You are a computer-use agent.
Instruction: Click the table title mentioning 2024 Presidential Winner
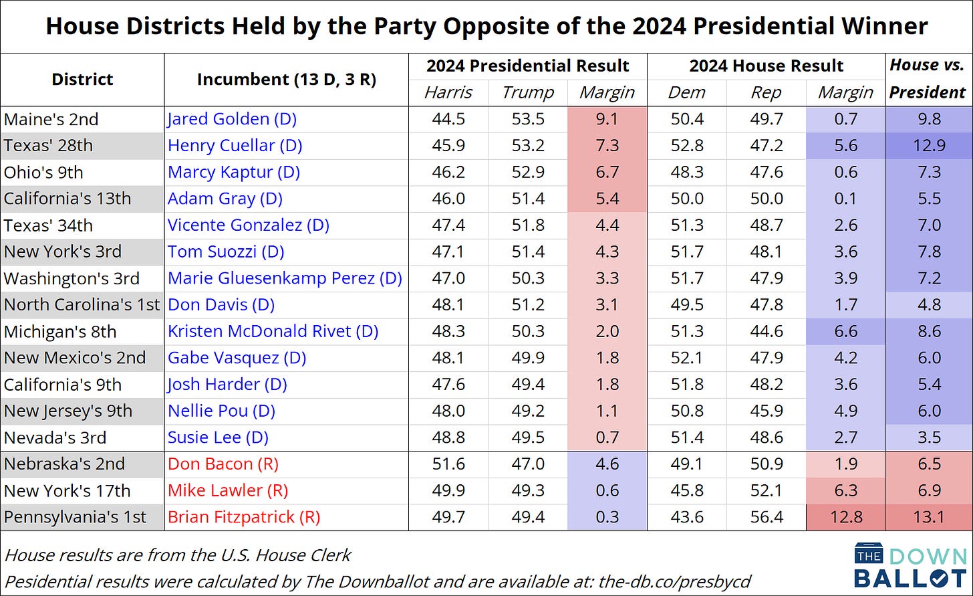pos(486,26)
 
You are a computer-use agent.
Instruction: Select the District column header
pos(82,79)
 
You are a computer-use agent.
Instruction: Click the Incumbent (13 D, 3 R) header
pos(286,79)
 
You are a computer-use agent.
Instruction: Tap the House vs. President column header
pos(928,79)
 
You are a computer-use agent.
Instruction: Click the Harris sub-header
pos(448,92)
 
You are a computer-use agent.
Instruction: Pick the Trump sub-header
pos(527,92)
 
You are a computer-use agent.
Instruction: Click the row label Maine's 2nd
pos(51,119)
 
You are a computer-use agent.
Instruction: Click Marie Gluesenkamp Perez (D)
pos(285,278)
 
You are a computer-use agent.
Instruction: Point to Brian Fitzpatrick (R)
pos(244,516)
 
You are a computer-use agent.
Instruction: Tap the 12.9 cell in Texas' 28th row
pos(928,146)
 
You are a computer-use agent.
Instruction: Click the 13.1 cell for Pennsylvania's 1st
pos(928,516)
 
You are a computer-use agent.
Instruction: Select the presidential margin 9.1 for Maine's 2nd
pos(607,119)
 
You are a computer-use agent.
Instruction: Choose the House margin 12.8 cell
pos(845,516)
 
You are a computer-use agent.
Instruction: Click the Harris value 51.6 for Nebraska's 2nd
pos(448,464)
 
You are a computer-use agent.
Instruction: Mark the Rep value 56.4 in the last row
pos(766,516)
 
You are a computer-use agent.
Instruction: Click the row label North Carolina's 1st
pos(82,304)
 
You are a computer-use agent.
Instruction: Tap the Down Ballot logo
pos(910,565)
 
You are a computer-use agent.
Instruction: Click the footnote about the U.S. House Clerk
pos(177,555)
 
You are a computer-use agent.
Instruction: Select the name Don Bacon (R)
pos(223,464)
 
